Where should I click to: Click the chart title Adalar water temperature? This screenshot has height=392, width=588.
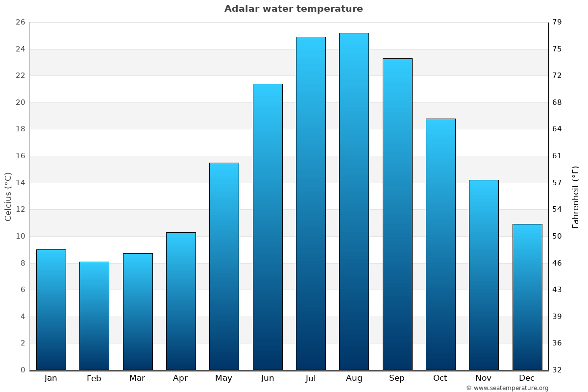(294, 9)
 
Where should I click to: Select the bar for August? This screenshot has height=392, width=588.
(354, 201)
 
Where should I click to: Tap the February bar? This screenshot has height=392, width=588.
(94, 316)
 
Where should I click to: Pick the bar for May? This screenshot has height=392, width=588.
(224, 266)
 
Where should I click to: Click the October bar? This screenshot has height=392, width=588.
(440, 244)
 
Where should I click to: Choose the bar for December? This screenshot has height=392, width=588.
(527, 297)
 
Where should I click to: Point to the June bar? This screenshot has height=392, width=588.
(268, 227)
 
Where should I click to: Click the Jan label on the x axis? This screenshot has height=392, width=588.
(51, 378)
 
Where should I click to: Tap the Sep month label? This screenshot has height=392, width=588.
(397, 378)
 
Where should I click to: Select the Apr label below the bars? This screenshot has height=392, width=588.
(180, 378)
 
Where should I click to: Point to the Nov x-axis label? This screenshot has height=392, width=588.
(484, 378)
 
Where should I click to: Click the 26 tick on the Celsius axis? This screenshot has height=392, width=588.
(20, 22)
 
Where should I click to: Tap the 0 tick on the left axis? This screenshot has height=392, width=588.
(23, 370)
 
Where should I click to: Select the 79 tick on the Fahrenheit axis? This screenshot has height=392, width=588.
(557, 22)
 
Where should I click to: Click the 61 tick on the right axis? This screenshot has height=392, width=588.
(557, 156)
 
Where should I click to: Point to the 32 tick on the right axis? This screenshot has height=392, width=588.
(557, 370)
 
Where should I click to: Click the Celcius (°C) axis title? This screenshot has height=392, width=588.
(8, 196)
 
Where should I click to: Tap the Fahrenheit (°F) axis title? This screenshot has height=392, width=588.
(576, 196)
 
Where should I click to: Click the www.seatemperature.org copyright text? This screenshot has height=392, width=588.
(507, 388)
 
